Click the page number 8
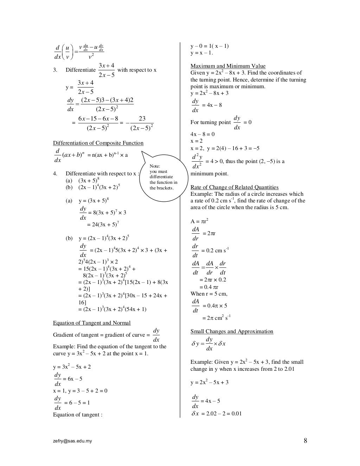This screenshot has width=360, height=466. point(305,441)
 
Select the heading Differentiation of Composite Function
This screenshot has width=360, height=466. point(98,143)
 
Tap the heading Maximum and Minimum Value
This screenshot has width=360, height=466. point(228,66)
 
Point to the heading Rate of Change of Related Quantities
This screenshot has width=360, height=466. point(234,187)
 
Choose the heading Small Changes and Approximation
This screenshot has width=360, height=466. point(232,331)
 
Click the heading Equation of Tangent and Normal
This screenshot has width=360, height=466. point(92,323)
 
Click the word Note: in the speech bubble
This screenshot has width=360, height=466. point(155,166)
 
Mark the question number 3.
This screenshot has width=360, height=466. point(55,70)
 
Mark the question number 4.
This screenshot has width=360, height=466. point(55,174)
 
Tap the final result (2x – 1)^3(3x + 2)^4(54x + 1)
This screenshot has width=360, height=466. point(112,309)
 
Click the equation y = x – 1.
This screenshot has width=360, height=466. point(202,53)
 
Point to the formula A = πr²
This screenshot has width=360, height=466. point(199,221)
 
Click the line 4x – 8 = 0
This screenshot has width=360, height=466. point(202,134)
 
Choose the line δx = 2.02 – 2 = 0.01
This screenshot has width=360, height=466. point(217,414)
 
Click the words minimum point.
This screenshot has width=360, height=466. point(209,174)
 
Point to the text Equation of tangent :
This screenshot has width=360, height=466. point(78,415)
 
